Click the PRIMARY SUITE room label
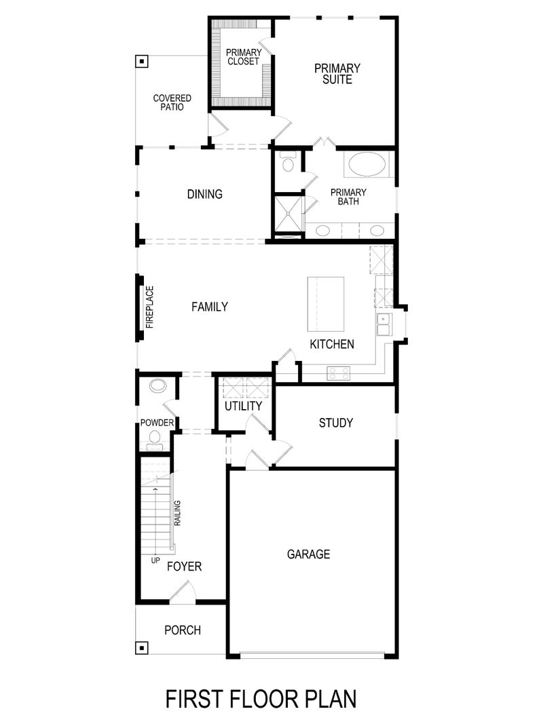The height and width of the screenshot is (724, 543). tap(337, 73)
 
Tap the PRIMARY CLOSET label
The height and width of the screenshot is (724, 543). tap(243, 57)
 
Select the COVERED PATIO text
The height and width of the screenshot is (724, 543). tap(172, 102)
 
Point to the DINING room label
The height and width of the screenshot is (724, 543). tap(204, 195)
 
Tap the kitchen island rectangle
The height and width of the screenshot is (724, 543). tap(326, 302)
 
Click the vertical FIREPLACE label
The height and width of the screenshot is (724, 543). tap(150, 307)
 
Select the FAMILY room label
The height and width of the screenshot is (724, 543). tap(209, 307)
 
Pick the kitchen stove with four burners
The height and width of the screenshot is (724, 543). tap(339, 372)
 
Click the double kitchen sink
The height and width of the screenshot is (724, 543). tap(383, 324)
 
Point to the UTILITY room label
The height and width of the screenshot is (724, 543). tap(243, 406)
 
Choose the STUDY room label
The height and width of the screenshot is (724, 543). tap(336, 423)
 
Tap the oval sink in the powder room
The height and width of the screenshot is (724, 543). tap(157, 387)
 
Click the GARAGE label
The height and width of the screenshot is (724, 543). tap(308, 554)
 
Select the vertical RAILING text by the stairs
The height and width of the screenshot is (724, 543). tap(177, 514)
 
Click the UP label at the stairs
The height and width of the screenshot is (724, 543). tap(155, 560)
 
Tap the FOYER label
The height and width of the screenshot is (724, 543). tap(184, 566)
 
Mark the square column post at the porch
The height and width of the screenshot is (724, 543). tap(141, 647)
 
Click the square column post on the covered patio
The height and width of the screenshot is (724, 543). tap(141, 62)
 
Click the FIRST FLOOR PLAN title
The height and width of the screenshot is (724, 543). tap(261, 698)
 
